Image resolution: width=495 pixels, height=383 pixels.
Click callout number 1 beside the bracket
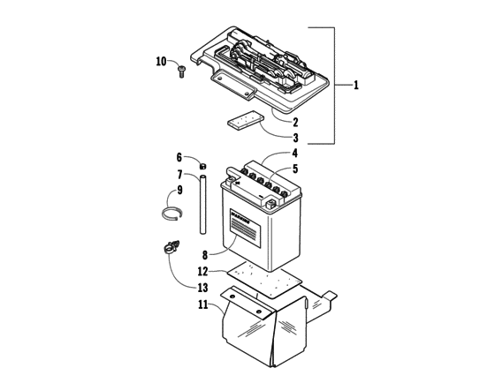[356, 86]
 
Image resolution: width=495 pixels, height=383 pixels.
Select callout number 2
[295, 122]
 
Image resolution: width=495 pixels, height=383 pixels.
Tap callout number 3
[295, 138]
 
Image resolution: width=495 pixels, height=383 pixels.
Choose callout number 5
[295, 169]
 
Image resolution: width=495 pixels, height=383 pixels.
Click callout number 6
[178, 157]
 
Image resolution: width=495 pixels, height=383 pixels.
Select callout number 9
[178, 189]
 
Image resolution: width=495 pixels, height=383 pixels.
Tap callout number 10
[161, 61]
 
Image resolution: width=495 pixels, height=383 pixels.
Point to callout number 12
[202, 271]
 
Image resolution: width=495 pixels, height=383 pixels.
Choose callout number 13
[202, 288]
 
